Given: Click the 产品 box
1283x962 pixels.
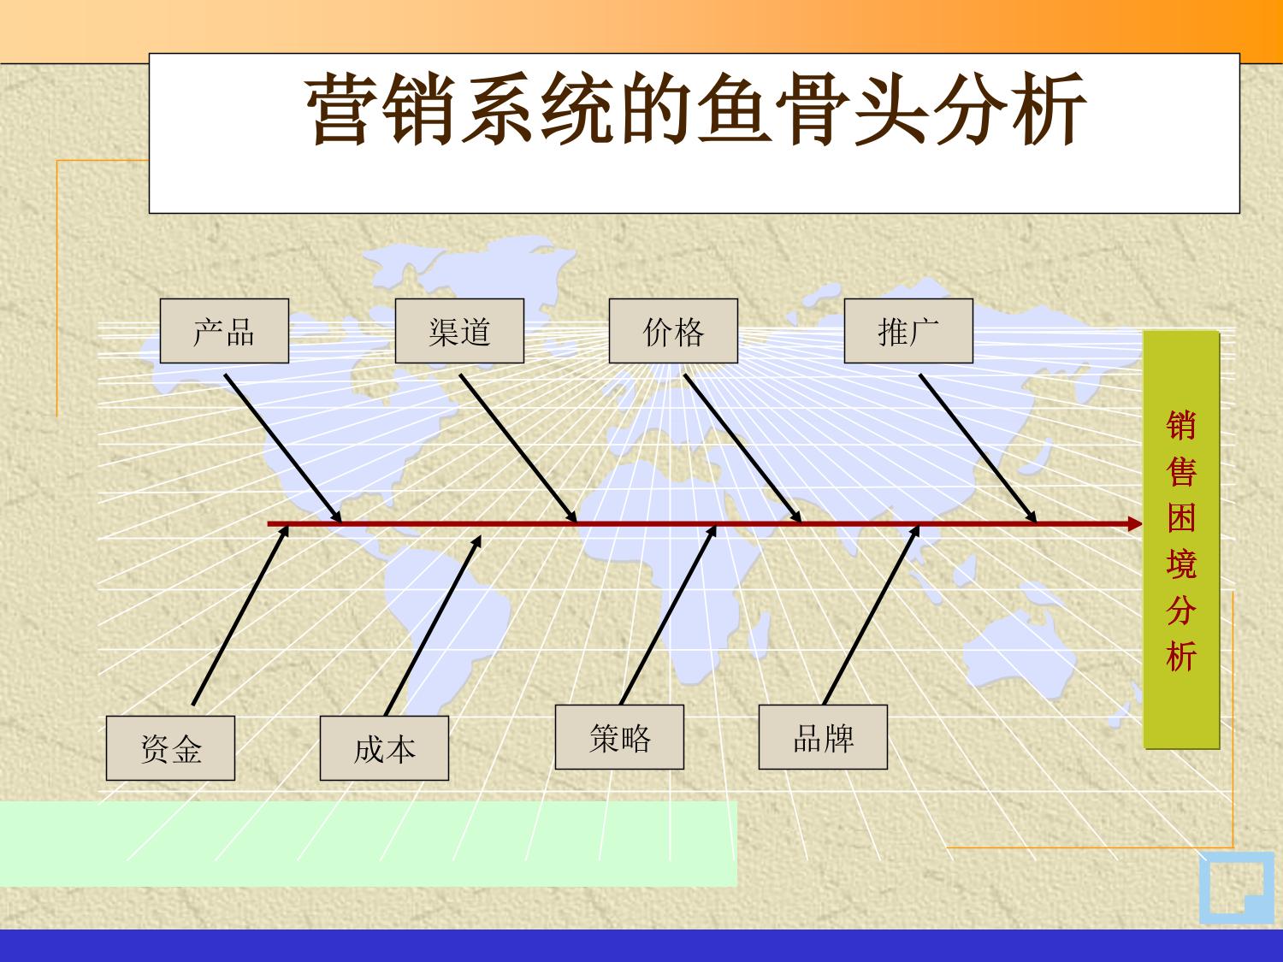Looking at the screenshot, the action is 224,331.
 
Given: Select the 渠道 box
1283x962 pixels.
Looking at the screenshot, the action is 459,331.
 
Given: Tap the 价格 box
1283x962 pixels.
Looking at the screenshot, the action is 673,331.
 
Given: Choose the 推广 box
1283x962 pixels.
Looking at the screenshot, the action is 908,331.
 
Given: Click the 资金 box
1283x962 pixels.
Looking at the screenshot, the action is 171,748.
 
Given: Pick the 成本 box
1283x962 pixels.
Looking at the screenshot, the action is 385,748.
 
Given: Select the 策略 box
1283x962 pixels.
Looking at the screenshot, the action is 619,737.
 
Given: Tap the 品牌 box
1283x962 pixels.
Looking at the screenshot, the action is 823,737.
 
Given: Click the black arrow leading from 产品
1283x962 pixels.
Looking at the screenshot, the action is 283,448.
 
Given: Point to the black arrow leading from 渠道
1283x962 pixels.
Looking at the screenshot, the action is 518,448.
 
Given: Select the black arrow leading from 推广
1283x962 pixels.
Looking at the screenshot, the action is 979,448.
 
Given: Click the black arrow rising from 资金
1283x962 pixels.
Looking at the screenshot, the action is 241,615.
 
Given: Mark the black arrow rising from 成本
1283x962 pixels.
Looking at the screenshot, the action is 433,625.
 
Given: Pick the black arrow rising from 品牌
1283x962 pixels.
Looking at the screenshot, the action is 872,615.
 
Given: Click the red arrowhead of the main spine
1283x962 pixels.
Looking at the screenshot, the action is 1134,524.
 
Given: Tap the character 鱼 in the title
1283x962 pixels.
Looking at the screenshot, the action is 734,109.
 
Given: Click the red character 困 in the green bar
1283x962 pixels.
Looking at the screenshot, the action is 1181,517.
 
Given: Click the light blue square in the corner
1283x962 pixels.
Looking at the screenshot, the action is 1236,888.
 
